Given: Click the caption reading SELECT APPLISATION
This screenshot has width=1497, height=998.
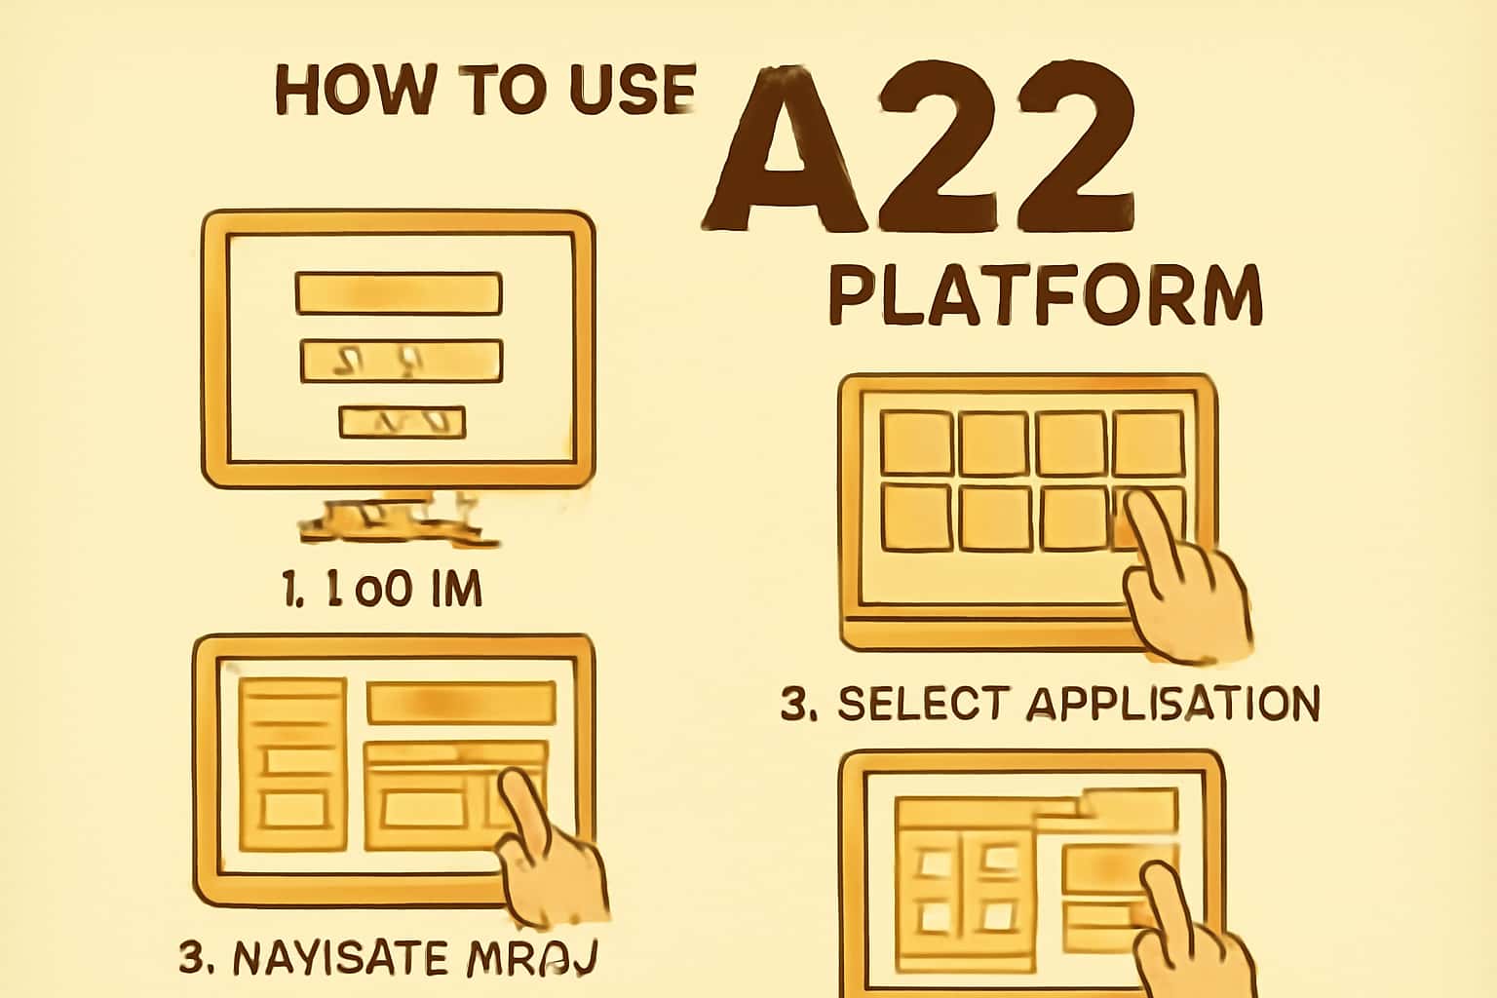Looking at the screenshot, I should (1050, 704).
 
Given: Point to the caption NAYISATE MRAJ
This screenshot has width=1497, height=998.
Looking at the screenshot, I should (387, 958).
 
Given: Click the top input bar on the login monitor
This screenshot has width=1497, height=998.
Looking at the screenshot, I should (398, 293).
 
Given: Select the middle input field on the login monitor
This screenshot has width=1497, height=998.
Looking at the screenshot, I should (402, 361).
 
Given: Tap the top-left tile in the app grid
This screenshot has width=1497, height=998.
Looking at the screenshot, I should (916, 442).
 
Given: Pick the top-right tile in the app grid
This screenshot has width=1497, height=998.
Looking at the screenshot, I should (1148, 442).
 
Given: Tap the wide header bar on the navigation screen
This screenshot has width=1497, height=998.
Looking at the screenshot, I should (460, 703).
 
